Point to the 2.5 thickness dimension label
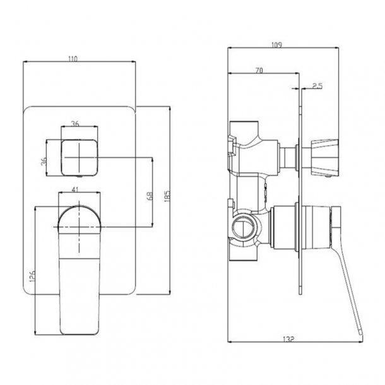[317, 85]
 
